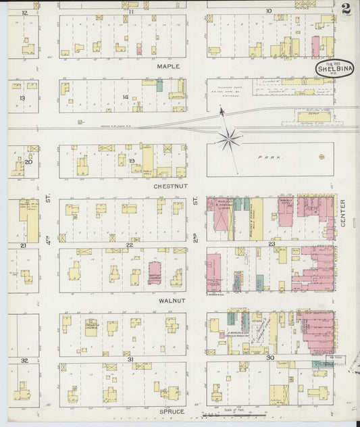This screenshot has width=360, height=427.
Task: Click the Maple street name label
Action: [168, 67]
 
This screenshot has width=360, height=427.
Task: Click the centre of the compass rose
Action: [230, 139]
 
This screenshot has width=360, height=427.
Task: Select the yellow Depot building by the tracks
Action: [314, 116]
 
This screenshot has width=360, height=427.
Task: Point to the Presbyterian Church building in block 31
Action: [91, 327]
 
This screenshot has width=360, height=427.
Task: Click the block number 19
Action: [132, 161]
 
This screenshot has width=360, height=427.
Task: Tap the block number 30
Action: [270, 357]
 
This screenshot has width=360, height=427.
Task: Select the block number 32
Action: [24, 361]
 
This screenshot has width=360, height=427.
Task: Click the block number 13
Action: [22, 98]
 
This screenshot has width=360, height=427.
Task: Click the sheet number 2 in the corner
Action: [345, 9]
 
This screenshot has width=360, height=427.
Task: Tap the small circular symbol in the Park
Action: [321, 156]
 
